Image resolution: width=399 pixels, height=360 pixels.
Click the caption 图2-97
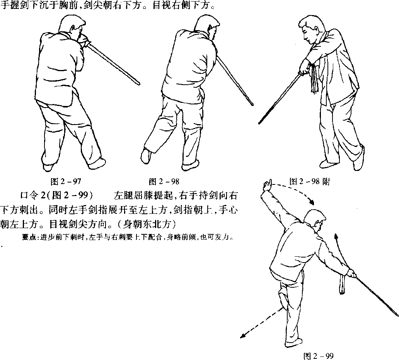click(66, 181)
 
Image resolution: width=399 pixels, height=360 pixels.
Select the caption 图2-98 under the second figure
click(164, 181)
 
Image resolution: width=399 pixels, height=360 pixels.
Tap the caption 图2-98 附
click(310, 181)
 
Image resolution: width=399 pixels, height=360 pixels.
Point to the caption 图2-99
click(319, 356)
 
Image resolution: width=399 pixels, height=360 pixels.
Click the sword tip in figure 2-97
click(139, 84)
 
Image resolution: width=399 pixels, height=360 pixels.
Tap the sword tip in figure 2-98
click(252, 104)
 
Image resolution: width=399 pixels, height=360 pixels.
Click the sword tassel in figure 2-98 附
click(314, 79)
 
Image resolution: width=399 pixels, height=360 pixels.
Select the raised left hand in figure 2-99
click(267, 185)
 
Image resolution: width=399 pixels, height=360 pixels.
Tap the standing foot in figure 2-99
click(294, 343)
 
